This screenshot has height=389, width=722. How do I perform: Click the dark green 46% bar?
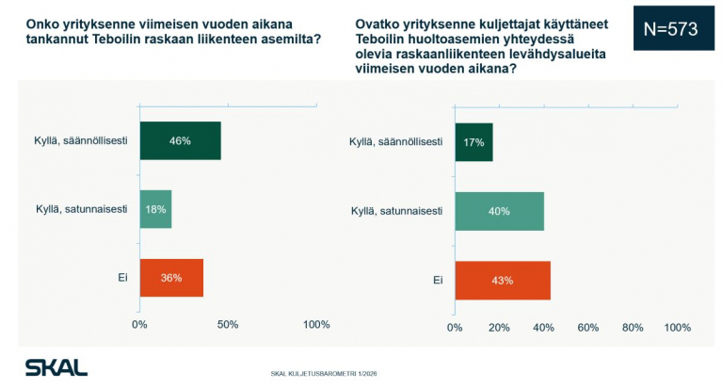180,140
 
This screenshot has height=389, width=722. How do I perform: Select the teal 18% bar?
155,209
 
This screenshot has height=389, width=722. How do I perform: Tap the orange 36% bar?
171,278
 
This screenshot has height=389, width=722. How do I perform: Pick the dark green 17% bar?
473,141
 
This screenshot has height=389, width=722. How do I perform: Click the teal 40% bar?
499,211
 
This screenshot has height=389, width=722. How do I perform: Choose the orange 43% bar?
502,280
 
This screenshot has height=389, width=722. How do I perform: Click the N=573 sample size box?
670,29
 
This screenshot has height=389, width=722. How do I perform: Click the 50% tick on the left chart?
227,325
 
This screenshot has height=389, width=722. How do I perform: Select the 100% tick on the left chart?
316,325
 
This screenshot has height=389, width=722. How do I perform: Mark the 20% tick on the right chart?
499,328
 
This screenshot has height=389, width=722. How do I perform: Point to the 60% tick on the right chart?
588,328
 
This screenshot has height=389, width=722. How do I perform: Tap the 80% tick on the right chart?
633,328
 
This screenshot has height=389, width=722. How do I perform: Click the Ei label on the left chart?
122,278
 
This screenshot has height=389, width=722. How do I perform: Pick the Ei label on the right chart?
438,280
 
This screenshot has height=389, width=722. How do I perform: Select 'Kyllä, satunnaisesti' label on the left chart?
82,209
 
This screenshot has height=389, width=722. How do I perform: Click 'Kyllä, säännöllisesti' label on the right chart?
395,141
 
